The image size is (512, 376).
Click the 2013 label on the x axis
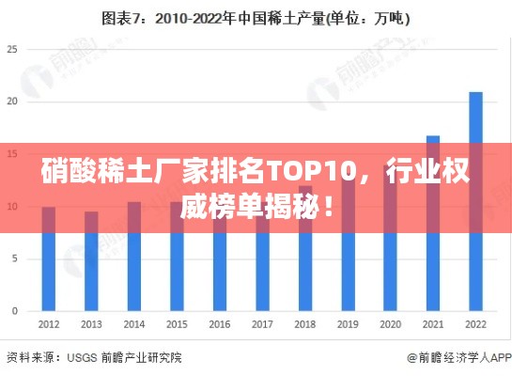coord(91,324)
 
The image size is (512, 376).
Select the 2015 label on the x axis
coord(177,324)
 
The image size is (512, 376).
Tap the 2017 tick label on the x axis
coord(262,324)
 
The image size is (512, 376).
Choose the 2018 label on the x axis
coord(305,324)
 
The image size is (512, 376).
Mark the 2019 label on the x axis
coord(348,324)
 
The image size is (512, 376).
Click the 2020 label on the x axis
coord(390,324)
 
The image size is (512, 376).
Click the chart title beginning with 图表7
coord(256,17)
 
